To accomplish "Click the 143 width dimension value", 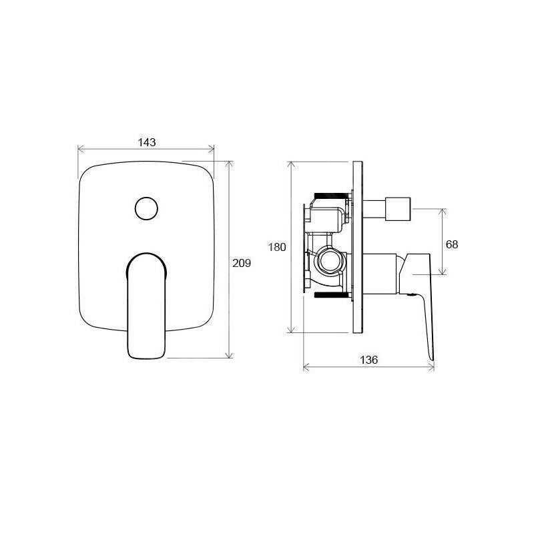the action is point(147,142).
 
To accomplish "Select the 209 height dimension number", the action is point(242,263).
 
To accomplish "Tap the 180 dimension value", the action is point(277,247).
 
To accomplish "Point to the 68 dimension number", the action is point(452,244).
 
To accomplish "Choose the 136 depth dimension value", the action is point(369,360).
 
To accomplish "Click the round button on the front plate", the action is point(146,208).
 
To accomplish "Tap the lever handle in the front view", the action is point(146,306).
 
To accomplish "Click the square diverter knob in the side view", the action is point(397,209).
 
